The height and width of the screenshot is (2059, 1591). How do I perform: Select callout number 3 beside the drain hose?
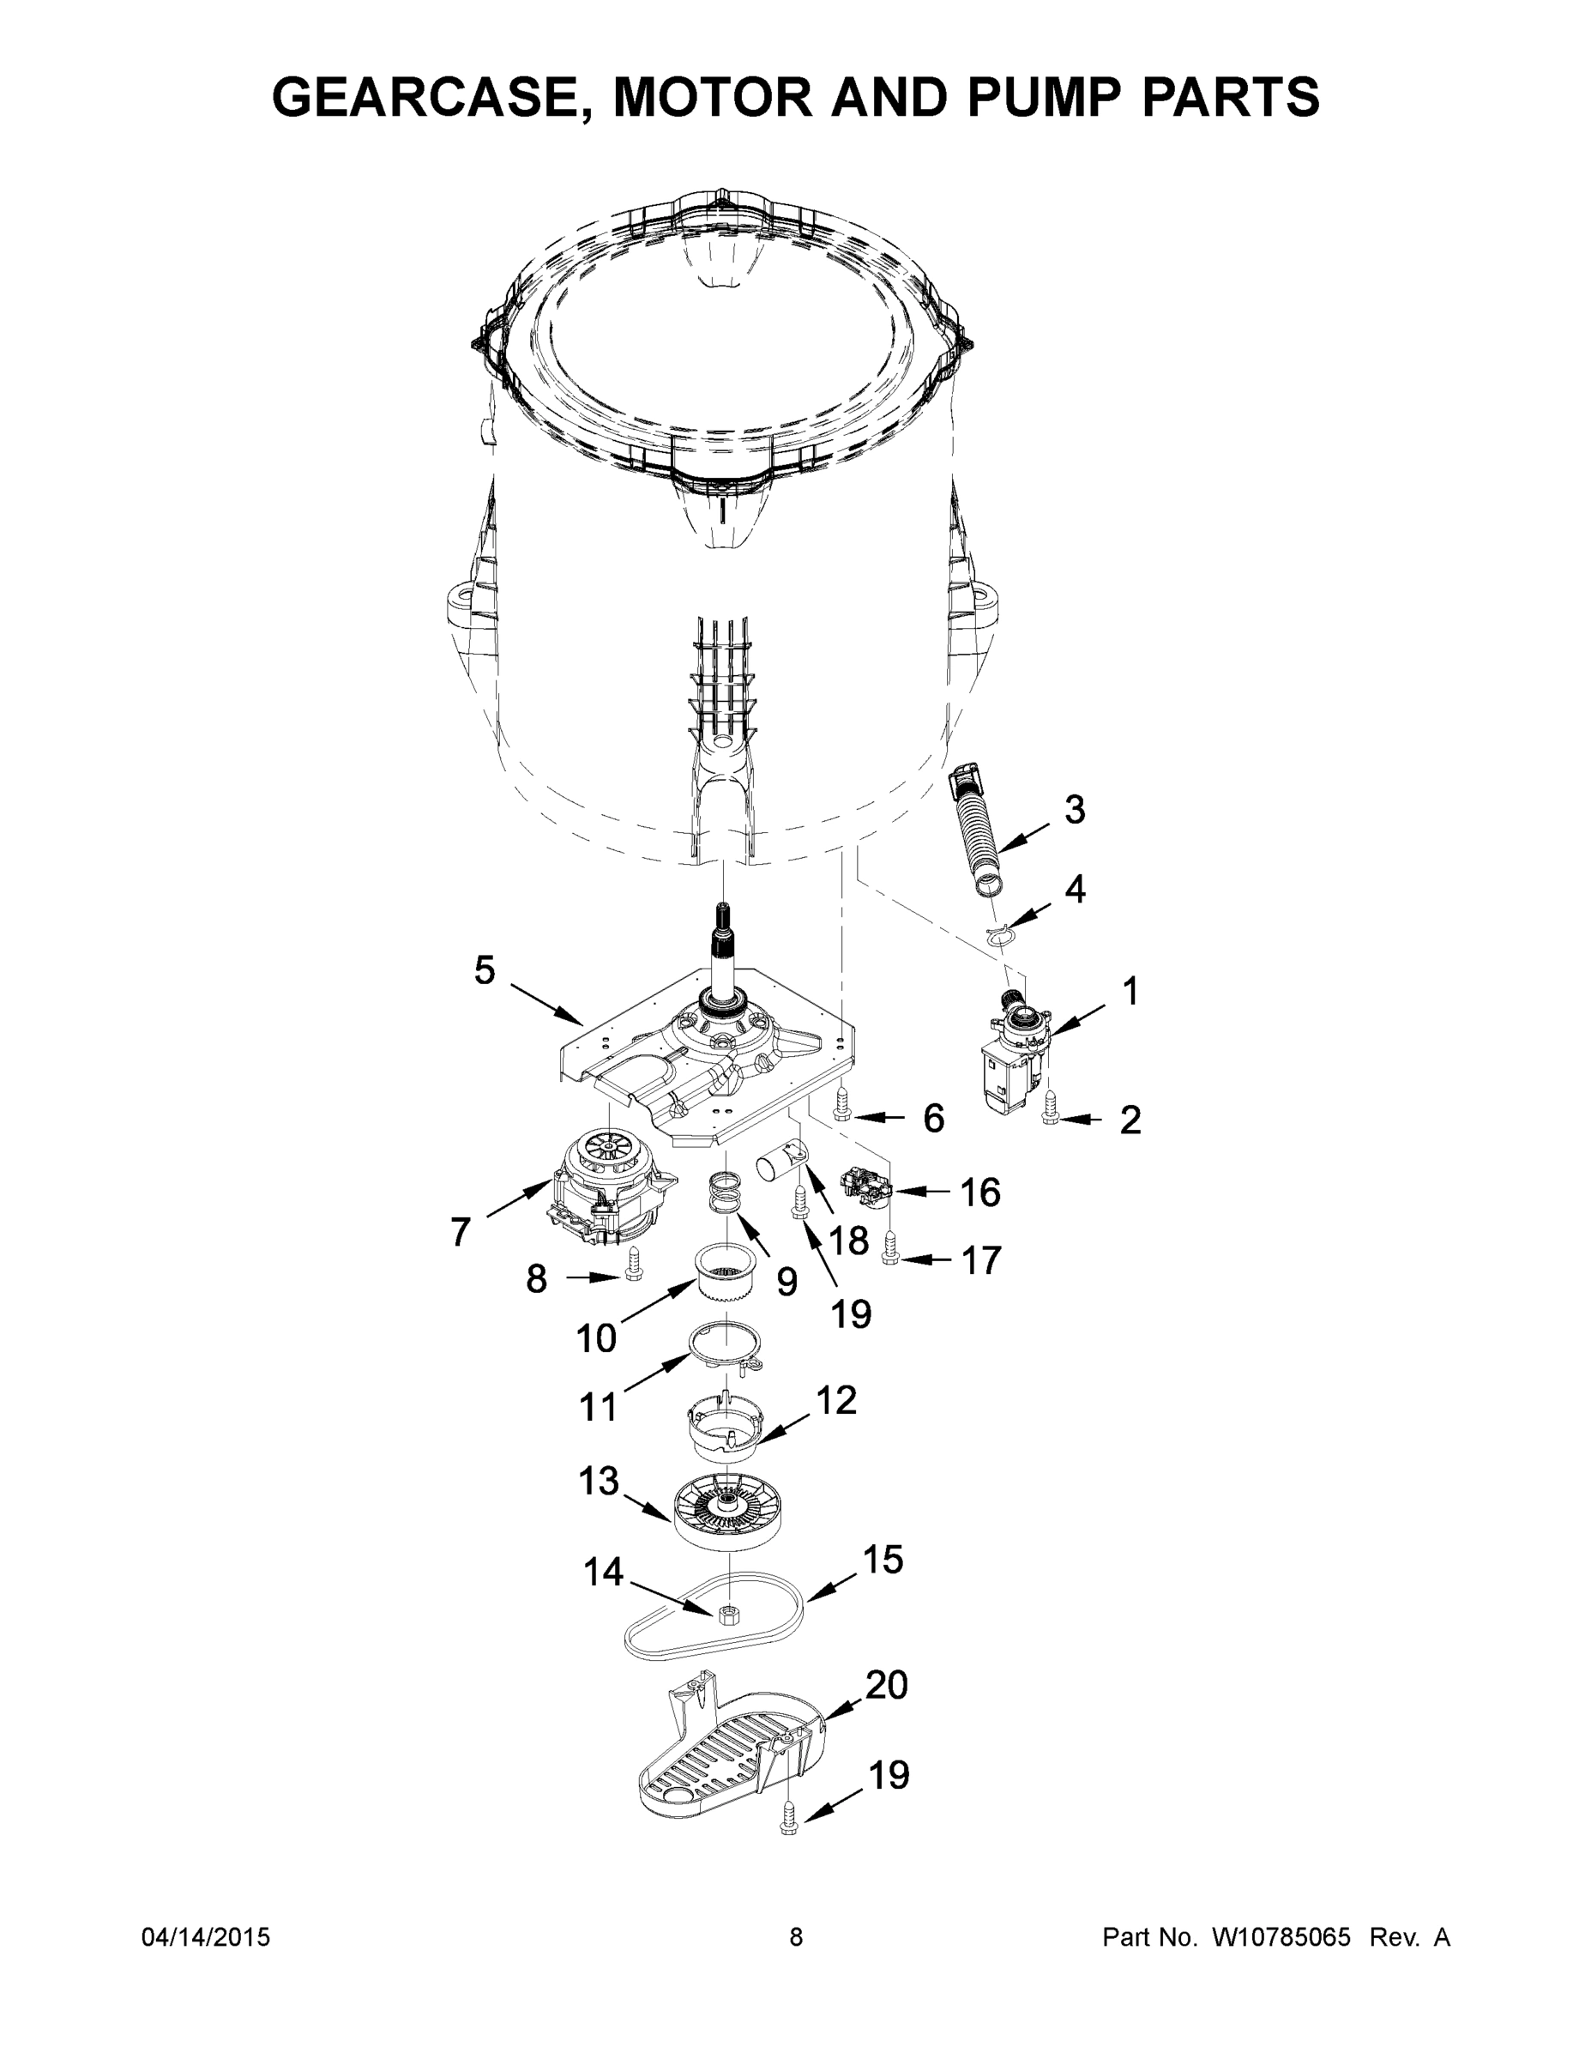tap(1075, 810)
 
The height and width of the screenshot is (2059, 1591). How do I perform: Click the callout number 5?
tap(485, 970)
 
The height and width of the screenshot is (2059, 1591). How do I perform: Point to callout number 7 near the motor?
tap(460, 1232)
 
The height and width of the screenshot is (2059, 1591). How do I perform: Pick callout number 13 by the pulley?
tap(599, 1481)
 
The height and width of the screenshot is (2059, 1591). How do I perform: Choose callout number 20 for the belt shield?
tap(886, 1685)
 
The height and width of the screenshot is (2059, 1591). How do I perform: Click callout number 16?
tap(979, 1193)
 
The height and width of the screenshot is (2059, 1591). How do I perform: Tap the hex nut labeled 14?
tap(726, 1614)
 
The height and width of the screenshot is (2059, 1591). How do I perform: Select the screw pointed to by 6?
tap(842, 1105)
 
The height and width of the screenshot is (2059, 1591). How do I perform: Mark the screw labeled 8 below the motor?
tap(633, 1266)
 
